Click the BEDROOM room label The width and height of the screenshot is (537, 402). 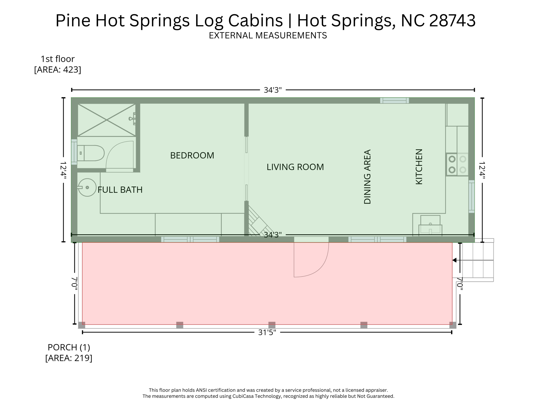pos(192,155)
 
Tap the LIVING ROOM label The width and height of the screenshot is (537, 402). pos(295,167)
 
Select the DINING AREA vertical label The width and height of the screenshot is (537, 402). pos(367,177)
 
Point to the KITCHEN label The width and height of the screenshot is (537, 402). pos(419,167)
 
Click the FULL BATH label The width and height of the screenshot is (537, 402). pos(120,190)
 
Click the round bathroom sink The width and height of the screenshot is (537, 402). pos(87,187)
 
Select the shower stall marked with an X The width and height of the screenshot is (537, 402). pos(106,120)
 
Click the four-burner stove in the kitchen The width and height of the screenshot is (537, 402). pos(457,164)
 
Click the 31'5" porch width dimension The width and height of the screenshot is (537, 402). pos(267,332)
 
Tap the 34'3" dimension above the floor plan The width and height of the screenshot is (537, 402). pos(272,90)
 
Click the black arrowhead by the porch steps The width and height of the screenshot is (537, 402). pos(454,260)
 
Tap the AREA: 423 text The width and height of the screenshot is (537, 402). pos(58,70)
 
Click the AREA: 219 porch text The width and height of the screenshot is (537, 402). pos(69,358)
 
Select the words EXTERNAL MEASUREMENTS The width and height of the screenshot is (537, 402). pos(268,35)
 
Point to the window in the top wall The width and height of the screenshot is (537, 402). pos(394,100)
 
